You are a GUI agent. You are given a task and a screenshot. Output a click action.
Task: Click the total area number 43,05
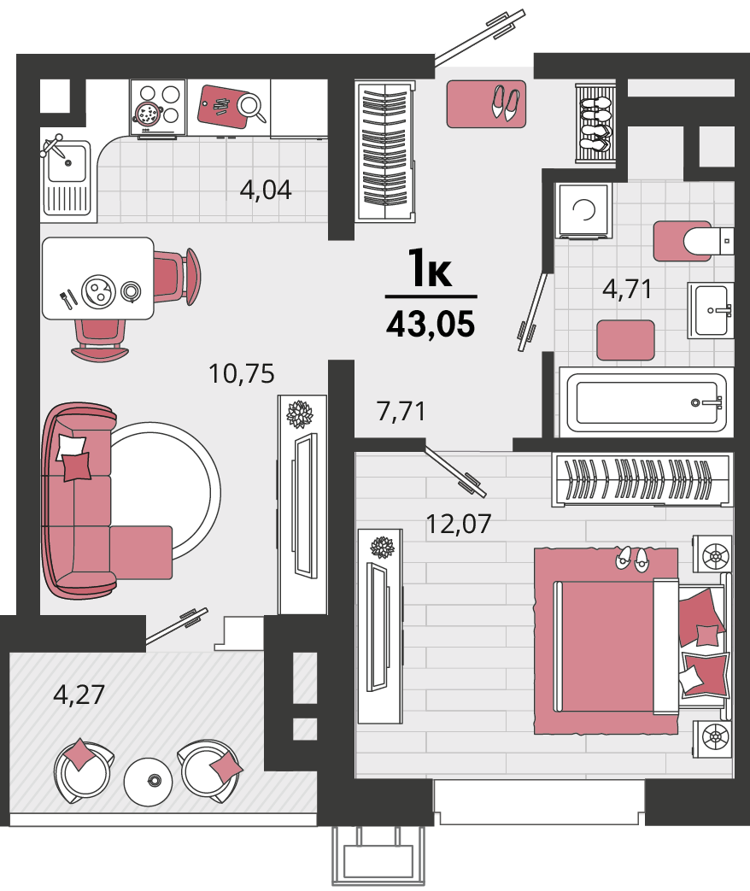[x=431, y=325]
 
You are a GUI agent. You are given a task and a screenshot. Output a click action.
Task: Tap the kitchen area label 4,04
[x=266, y=190]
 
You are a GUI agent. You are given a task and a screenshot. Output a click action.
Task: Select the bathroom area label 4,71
[x=627, y=289]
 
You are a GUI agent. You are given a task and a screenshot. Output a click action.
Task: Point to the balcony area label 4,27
[x=79, y=695]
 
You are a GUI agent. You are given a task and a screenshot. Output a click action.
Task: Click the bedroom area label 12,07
[x=458, y=524]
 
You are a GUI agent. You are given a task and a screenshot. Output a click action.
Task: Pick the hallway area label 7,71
[x=401, y=412]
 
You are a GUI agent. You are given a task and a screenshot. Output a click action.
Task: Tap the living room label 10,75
[x=242, y=374]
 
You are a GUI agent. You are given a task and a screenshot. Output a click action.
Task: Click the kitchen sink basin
[x=67, y=163]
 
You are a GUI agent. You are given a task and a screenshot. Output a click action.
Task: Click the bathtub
[x=646, y=402]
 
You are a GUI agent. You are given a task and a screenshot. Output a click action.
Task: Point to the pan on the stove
[x=147, y=113]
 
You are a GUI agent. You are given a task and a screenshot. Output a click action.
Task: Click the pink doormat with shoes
[x=486, y=103]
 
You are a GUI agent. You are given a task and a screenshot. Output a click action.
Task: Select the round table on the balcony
[x=148, y=782]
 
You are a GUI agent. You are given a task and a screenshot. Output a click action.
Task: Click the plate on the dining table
[x=98, y=291]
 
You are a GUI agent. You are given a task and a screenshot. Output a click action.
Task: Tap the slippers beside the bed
[x=632, y=560]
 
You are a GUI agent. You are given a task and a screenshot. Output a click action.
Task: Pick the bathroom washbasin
[x=711, y=310]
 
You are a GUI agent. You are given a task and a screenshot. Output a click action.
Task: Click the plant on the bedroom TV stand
[x=383, y=548]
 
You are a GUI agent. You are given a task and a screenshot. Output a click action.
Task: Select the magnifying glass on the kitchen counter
[x=251, y=108]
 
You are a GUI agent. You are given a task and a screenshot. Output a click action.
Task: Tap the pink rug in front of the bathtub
[x=625, y=340]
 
